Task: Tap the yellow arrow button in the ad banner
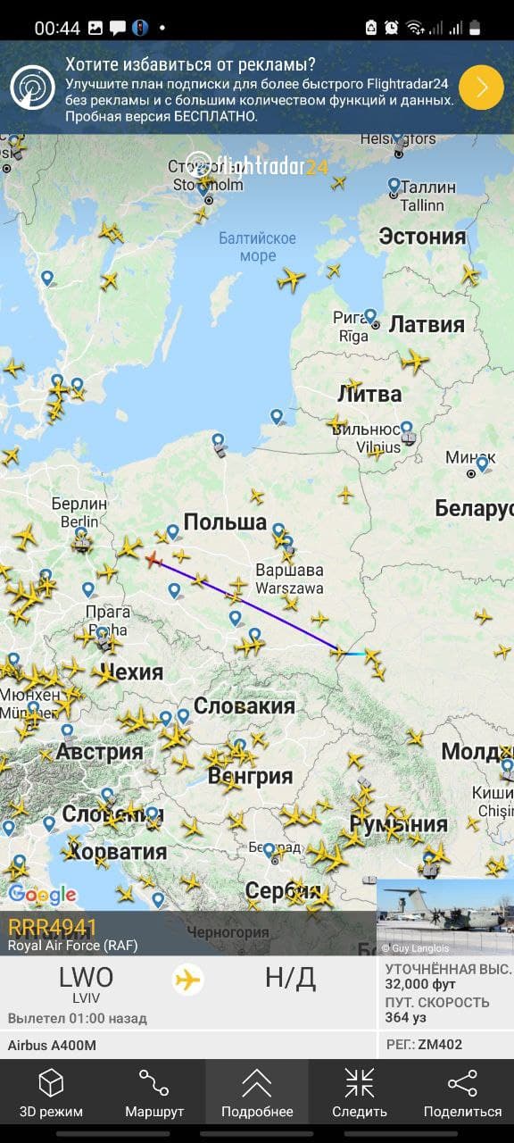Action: coord(481,88)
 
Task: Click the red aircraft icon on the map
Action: coord(153,560)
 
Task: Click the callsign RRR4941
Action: coord(52,927)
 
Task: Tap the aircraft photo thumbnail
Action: coord(444,917)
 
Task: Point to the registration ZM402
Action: coord(442,1045)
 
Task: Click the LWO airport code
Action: coord(86,978)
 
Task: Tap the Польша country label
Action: coord(225,521)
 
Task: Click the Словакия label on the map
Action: coord(244,706)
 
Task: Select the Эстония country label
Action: coord(422,237)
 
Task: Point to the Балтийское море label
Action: coord(257,246)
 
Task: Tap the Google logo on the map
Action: coord(42,894)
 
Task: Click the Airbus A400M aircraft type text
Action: coord(52,1045)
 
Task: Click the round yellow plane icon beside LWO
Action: coord(187,980)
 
